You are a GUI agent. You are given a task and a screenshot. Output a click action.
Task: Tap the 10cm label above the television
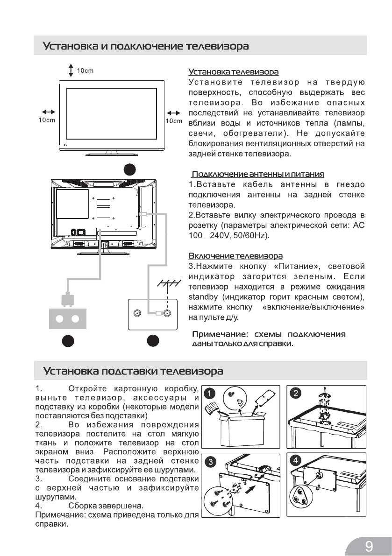86,71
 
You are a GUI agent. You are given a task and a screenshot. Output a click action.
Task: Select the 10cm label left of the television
47,121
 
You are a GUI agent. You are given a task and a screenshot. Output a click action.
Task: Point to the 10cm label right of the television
174,121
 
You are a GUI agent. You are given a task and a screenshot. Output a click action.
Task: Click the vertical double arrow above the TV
71,70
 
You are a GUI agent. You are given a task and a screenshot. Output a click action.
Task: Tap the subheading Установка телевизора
233,72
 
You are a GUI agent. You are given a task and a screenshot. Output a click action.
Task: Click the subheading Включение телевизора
235,256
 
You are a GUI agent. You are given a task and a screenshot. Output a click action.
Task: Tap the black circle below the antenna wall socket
152,342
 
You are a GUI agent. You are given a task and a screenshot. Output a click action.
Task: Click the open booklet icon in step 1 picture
214,410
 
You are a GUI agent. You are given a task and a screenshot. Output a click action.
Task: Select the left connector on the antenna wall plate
138,314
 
